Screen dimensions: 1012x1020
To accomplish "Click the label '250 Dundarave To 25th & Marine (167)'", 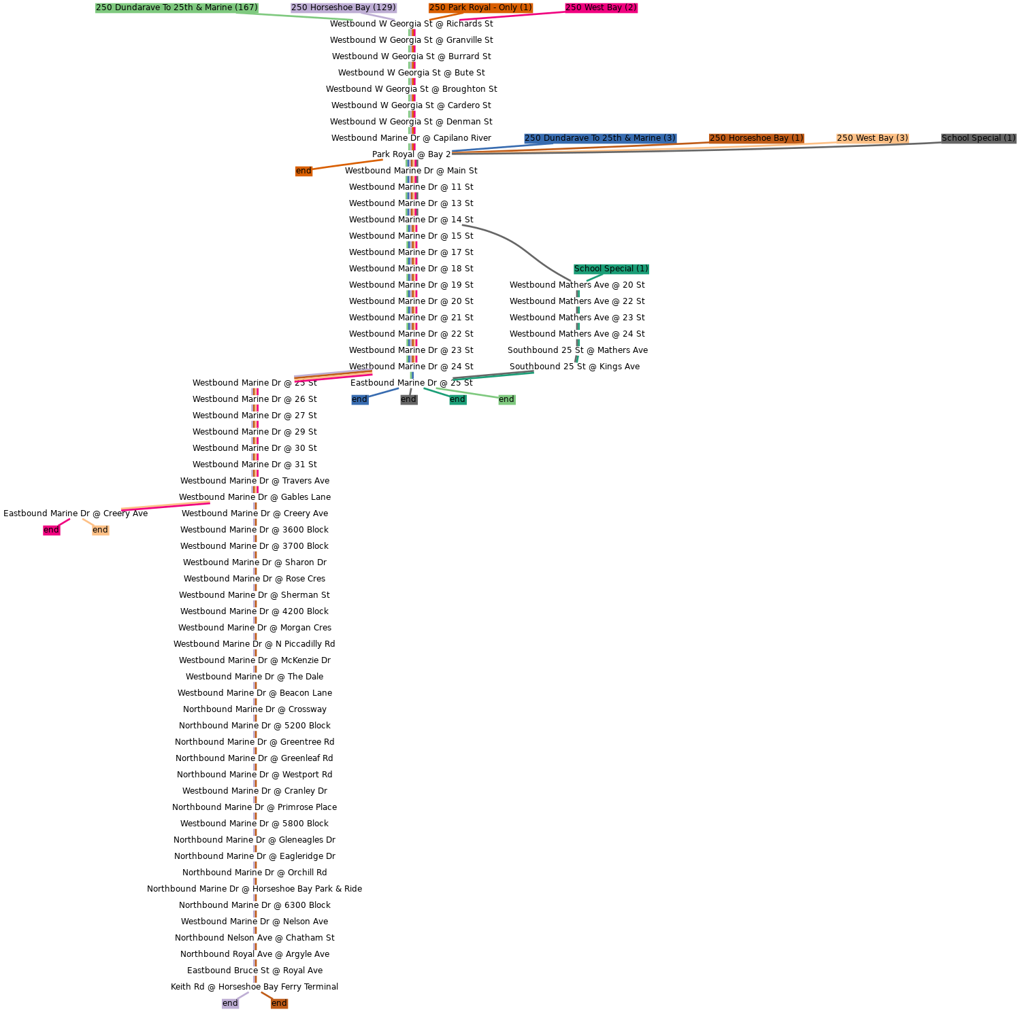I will tap(177, 7).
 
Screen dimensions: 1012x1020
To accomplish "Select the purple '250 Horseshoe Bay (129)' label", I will tap(344, 7).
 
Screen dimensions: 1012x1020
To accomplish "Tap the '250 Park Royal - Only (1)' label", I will tap(480, 7).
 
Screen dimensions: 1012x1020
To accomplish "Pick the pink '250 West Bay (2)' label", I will tap(601, 7).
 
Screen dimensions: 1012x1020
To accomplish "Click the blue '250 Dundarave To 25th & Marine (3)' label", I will tap(600, 138).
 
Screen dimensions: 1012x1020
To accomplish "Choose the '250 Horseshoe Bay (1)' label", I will tap(756, 138).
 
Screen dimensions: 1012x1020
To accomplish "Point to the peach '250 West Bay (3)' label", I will tap(872, 138).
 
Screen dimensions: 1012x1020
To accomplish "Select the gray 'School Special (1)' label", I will tap(978, 138).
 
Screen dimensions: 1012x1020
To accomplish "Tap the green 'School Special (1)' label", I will tap(611, 269).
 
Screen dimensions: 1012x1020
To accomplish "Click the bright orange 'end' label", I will tap(303, 171).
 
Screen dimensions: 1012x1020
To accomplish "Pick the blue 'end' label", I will tap(359, 399).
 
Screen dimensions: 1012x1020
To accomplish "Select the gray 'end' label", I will tap(408, 399).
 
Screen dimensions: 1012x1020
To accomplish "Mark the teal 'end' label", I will tap(457, 399).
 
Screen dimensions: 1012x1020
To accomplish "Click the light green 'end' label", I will tap(506, 399).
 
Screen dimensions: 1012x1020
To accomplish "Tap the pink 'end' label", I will tap(51, 530).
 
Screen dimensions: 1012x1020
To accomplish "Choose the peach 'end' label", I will tap(100, 530).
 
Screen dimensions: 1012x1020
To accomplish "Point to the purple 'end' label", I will tap(230, 1003).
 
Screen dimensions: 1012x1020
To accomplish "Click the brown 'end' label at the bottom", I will tap(279, 1003).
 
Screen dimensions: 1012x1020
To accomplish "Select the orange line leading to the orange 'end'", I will tap(347, 165).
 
